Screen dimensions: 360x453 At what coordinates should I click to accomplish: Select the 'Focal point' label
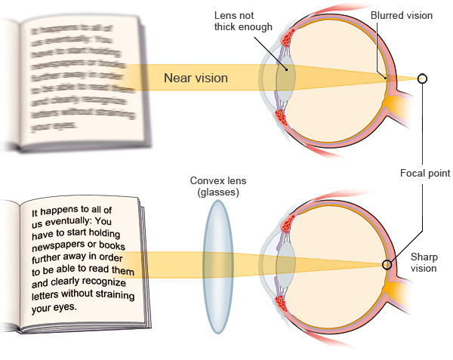(x=425, y=173)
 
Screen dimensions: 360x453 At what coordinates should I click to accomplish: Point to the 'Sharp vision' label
(x=424, y=263)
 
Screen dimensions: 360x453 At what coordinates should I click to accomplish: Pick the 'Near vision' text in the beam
(x=195, y=77)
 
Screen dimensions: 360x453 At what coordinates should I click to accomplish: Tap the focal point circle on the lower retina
(x=387, y=265)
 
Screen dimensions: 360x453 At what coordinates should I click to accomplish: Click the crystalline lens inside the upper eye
(x=285, y=78)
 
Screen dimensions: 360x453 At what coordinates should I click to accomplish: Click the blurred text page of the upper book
(x=75, y=75)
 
